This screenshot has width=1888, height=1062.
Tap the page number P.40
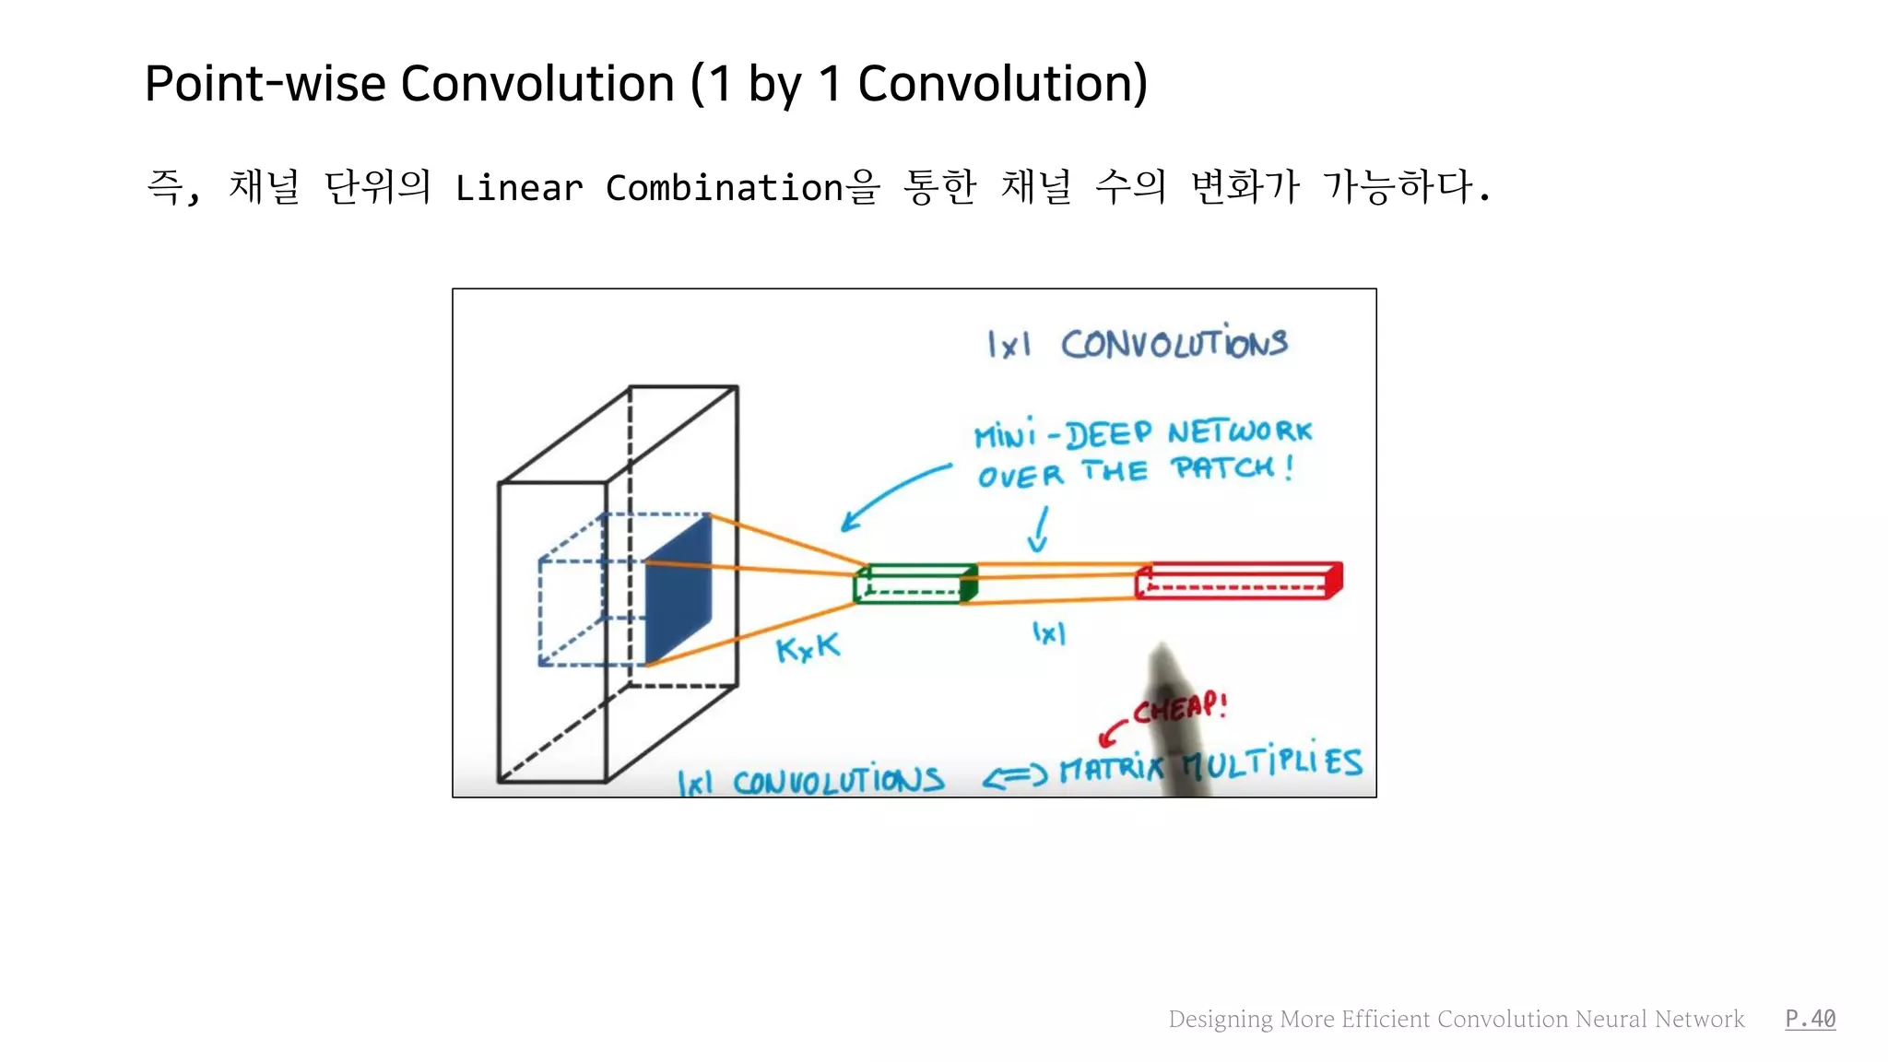tap(1810, 1019)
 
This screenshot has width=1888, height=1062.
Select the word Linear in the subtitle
tap(519, 188)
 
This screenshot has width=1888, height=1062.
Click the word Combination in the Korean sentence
tap(724, 188)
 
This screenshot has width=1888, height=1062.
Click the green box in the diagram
tap(915, 584)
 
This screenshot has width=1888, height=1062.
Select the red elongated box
tap(1238, 581)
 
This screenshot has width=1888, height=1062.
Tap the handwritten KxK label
tap(808, 648)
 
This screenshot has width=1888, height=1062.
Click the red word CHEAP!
tap(1180, 708)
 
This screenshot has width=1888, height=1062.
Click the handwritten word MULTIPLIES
tap(1272, 762)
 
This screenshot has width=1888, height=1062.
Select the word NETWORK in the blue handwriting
tap(1239, 431)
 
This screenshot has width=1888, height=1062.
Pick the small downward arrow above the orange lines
tap(1040, 529)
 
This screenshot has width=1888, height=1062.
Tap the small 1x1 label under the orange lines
tap(1048, 633)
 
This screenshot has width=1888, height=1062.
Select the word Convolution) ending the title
tap(1002, 84)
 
